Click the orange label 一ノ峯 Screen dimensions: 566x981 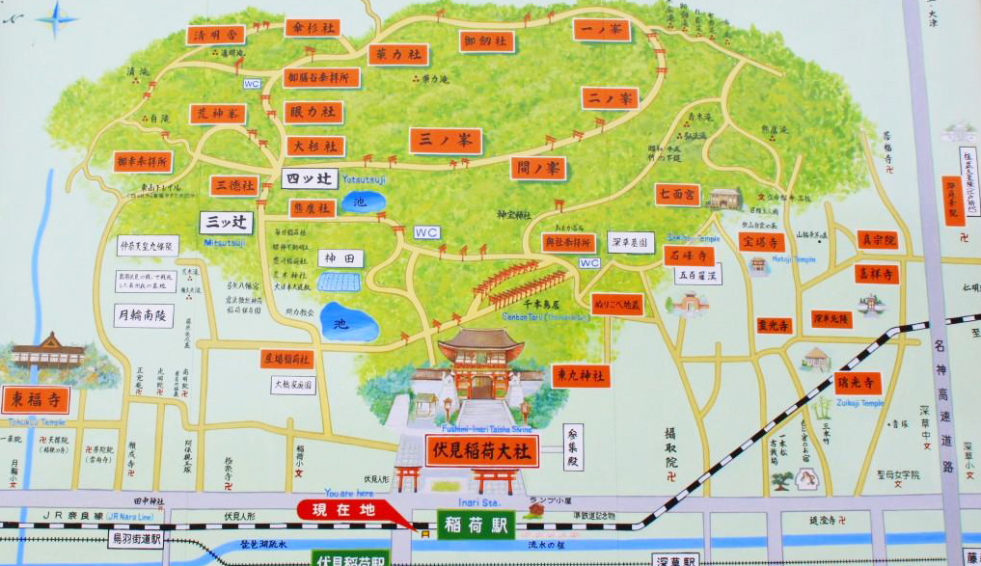602,30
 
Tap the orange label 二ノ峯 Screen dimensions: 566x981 610,97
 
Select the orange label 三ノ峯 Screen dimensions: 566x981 445,141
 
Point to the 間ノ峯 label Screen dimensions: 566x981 538,169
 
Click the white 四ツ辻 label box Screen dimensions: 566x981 310,178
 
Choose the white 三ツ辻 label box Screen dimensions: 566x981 227,223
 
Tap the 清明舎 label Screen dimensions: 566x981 216,35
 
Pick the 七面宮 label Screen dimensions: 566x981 677,195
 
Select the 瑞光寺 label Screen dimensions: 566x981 857,384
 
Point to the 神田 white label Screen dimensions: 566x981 341,258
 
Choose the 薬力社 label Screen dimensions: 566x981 397,54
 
